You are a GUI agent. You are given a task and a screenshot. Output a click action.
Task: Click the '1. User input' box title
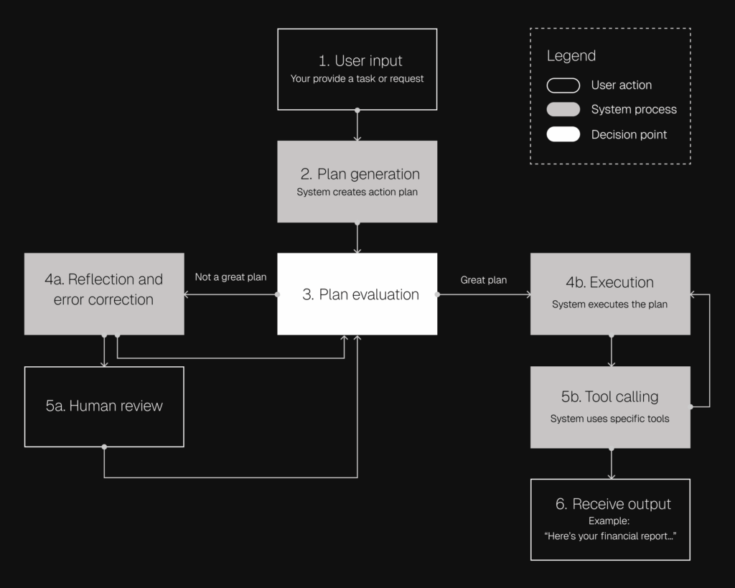pyautogui.click(x=360, y=61)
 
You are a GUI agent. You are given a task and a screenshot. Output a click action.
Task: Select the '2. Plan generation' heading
pyautogui.click(x=360, y=174)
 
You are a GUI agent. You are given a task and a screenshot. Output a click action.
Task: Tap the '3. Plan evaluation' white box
pyautogui.click(x=357, y=294)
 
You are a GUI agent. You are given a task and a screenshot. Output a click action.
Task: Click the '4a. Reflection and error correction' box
pyautogui.click(x=103, y=289)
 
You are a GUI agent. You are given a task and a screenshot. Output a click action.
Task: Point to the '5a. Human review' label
pyautogui.click(x=104, y=406)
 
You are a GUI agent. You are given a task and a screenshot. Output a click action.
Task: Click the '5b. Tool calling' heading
pyautogui.click(x=609, y=396)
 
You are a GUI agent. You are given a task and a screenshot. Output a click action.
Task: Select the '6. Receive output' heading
pyautogui.click(x=613, y=504)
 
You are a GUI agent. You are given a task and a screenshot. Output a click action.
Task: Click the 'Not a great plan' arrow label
pyautogui.click(x=230, y=277)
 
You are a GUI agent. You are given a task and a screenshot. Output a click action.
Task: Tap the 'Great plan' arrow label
pyautogui.click(x=484, y=280)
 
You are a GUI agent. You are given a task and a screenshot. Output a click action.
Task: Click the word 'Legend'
pyautogui.click(x=571, y=56)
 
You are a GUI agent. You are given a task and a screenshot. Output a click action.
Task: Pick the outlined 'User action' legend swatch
pyautogui.click(x=563, y=85)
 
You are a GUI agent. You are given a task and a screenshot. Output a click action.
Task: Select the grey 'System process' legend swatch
pyautogui.click(x=563, y=110)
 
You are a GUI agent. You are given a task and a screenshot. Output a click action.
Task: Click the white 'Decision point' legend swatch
pyautogui.click(x=563, y=134)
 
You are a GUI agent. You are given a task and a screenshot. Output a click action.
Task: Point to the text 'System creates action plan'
pyautogui.click(x=357, y=192)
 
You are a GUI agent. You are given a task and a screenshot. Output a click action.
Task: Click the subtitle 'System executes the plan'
pyautogui.click(x=609, y=304)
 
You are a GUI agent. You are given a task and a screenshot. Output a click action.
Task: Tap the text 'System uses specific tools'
pyautogui.click(x=609, y=419)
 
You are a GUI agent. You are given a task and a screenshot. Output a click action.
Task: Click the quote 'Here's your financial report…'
pyautogui.click(x=610, y=536)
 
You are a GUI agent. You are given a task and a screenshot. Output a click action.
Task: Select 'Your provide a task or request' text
pyautogui.click(x=357, y=79)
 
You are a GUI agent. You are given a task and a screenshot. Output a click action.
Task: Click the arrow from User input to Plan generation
pyautogui.click(x=357, y=126)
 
